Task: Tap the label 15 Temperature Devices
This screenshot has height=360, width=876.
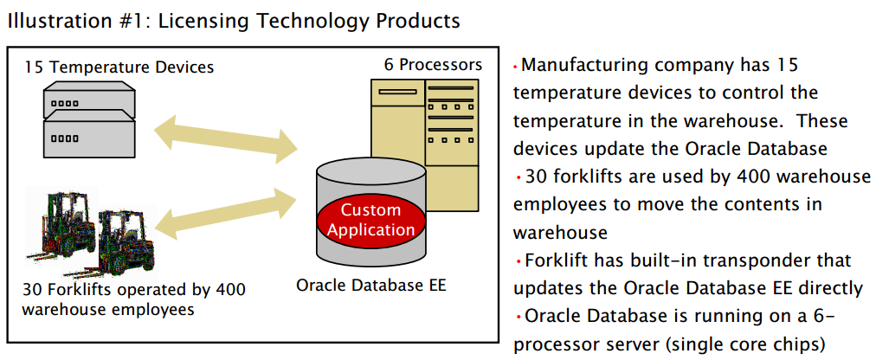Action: pyautogui.click(x=119, y=67)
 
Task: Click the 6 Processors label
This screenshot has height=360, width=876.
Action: pyautogui.click(x=433, y=64)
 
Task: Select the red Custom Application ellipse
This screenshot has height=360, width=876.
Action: pyautogui.click(x=371, y=219)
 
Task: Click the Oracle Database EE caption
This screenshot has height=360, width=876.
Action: pyautogui.click(x=371, y=286)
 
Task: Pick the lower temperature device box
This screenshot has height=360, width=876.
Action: pyautogui.click(x=89, y=133)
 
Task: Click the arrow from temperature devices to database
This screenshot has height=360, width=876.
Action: pyautogui.click(x=226, y=139)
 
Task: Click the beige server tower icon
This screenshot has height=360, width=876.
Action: pyautogui.click(x=425, y=145)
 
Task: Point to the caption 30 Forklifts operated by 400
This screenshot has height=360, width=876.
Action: pyautogui.click(x=134, y=290)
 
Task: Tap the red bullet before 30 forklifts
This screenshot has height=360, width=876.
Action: pyautogui.click(x=519, y=177)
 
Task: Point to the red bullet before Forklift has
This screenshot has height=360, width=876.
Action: pyautogui.click(x=519, y=260)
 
